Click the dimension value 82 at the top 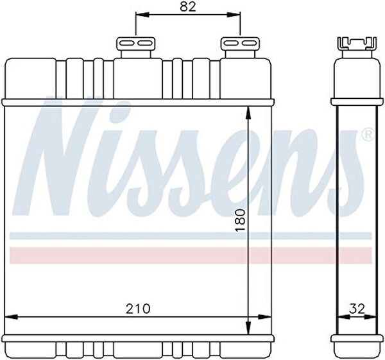[x=188, y=7]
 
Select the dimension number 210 [x=138, y=309]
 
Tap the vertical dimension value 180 [x=240, y=220]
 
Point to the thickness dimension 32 [x=357, y=309]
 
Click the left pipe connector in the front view [x=135, y=47]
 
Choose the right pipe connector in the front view [x=240, y=47]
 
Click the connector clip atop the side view [x=357, y=44]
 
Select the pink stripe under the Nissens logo [x=191, y=255]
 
